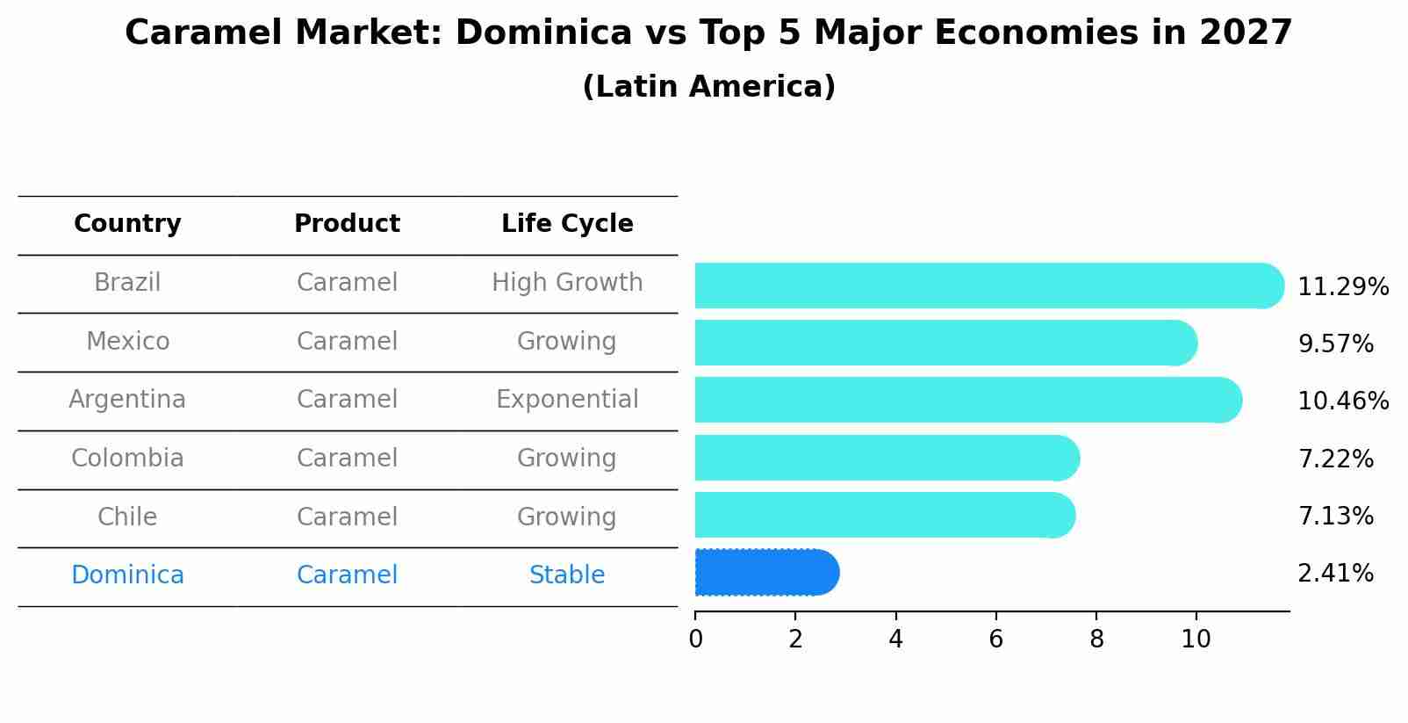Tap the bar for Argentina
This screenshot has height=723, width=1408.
(x=966, y=400)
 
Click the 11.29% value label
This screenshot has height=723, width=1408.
(x=1342, y=287)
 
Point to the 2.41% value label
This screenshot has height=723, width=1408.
(x=1334, y=574)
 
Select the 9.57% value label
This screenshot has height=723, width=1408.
(x=1334, y=344)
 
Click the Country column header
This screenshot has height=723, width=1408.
(x=127, y=224)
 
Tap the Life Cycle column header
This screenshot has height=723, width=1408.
(x=567, y=224)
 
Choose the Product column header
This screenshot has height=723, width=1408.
(x=347, y=224)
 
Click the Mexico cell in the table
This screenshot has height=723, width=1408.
(x=127, y=341)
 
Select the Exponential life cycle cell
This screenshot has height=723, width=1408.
(x=567, y=400)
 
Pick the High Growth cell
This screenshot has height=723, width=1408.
(x=567, y=283)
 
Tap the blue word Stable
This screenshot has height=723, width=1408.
(x=567, y=575)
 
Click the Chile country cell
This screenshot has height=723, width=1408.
(x=127, y=517)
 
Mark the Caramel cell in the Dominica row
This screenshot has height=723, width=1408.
(x=347, y=575)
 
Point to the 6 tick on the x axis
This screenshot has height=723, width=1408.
(x=995, y=640)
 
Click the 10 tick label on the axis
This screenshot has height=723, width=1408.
(x=1196, y=640)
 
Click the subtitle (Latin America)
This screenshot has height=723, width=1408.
(x=708, y=87)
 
